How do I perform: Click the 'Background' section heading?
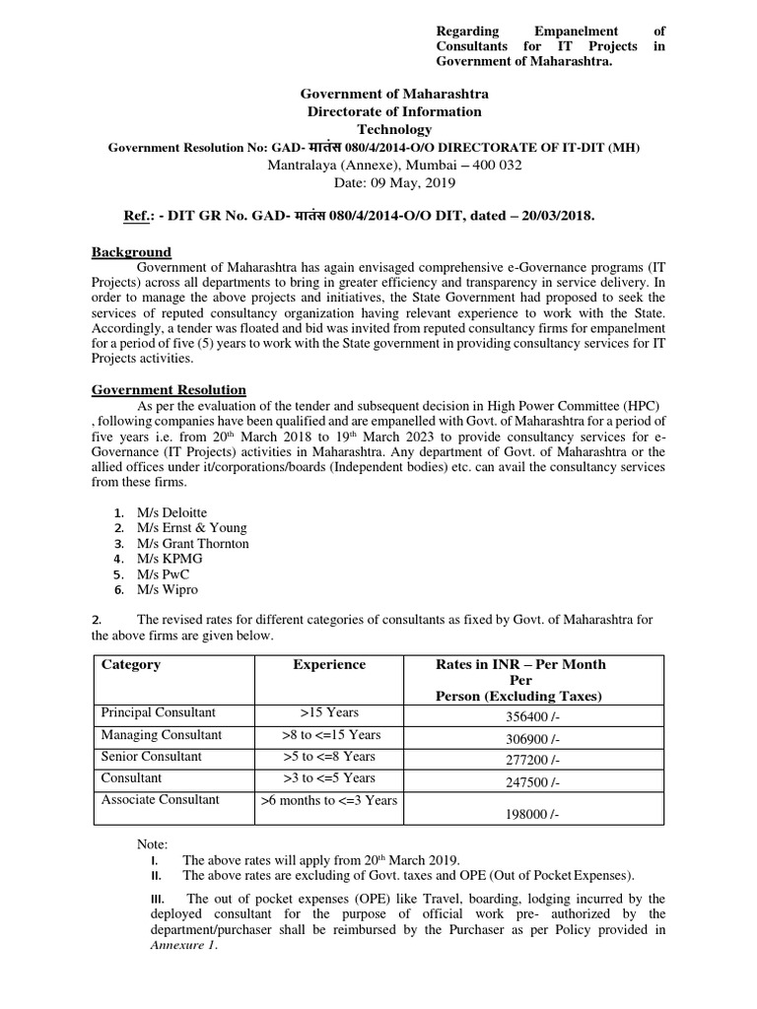131,253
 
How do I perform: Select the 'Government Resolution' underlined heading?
169,390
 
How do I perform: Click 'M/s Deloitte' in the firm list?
172,512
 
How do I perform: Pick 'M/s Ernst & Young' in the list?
191,528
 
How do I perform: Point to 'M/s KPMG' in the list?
169,559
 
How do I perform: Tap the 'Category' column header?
131,665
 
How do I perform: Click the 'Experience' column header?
329,665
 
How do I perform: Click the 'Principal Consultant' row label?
158,712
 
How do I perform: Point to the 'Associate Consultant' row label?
161,799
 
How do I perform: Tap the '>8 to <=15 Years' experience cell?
329,735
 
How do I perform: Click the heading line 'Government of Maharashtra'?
393,94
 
